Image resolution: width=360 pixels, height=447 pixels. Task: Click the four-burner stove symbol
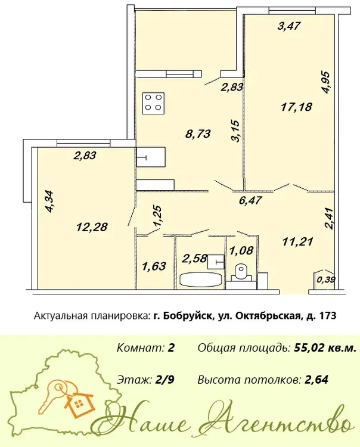click(154, 103)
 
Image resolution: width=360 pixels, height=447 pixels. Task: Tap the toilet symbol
click(241, 272)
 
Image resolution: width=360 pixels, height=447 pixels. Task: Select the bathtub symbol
click(201, 279)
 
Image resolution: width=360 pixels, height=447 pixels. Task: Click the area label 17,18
click(296, 107)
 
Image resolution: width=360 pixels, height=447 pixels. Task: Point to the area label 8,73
click(198, 134)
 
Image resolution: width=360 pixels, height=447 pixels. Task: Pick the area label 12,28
click(92, 227)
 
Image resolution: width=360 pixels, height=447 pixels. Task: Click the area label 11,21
click(298, 242)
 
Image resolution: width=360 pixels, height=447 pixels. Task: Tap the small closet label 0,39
click(326, 280)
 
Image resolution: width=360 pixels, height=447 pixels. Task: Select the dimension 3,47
click(288, 26)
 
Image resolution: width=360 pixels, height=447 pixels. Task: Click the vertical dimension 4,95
click(325, 82)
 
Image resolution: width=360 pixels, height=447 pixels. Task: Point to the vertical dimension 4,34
click(51, 201)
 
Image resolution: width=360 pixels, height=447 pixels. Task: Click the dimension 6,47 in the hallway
click(250, 200)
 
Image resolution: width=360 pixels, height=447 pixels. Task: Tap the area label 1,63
click(154, 266)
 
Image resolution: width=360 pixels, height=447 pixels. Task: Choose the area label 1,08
click(241, 250)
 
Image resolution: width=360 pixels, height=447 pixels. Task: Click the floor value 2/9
click(165, 380)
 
